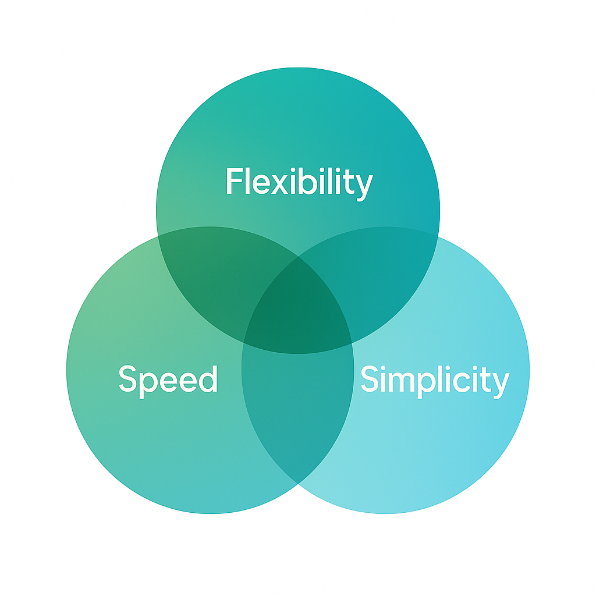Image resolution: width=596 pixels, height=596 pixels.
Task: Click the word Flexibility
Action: pyautogui.click(x=298, y=182)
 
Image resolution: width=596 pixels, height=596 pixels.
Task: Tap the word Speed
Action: pyautogui.click(x=168, y=379)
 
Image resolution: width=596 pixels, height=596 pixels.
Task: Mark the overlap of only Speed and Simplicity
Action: pyautogui.click(x=298, y=407)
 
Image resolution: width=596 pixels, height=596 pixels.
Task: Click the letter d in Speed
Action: pyautogui.click(x=206, y=378)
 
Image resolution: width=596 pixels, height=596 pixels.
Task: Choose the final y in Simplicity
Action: pyautogui.click(x=501, y=384)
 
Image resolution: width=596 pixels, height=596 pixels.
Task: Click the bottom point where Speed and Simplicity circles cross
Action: pyautogui.click(x=298, y=483)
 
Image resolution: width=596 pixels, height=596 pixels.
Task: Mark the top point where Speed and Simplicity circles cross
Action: pyautogui.click(x=298, y=256)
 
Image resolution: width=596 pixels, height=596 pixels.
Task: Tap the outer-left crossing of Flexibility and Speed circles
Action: pyautogui.click(x=158, y=236)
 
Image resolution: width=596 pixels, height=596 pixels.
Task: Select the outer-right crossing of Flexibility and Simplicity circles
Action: pyautogui.click(x=438, y=236)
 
